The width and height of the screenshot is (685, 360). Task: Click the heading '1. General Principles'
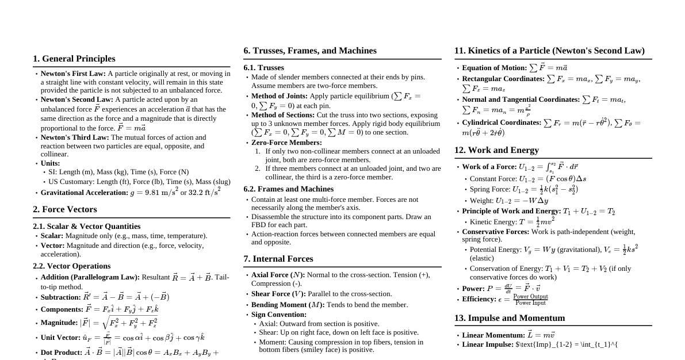74,59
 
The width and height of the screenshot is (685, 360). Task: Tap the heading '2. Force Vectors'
65,209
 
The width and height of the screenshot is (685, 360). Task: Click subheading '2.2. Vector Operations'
72,266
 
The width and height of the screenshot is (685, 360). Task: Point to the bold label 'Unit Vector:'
60,338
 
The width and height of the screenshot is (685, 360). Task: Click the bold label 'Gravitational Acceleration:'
85,193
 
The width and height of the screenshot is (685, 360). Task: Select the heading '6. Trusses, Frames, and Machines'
310,51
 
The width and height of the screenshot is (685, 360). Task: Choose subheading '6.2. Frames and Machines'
288,189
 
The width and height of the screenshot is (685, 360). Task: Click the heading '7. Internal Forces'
278,259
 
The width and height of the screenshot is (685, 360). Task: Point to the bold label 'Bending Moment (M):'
288,305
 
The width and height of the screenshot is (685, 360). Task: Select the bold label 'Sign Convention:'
279,315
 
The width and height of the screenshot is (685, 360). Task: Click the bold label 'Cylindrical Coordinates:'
502,122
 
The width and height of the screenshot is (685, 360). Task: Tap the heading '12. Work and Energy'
496,150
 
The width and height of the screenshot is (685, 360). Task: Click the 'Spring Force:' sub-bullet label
490,189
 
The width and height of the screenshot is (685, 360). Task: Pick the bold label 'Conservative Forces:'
496,232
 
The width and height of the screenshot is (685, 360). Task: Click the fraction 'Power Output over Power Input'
530,300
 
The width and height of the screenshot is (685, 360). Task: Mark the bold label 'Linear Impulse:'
488,344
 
